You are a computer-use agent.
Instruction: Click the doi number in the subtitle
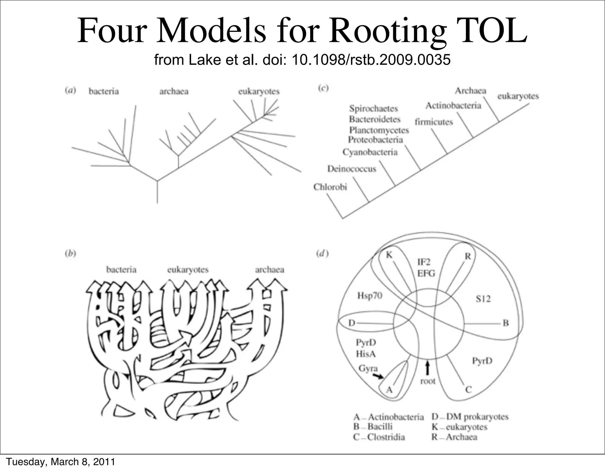pos(371,60)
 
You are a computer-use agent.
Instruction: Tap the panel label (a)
pos(70,90)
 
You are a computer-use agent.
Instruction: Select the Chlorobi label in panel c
pos(330,187)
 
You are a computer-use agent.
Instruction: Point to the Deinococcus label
pos(352,169)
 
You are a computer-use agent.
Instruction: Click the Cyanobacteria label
pos(370,152)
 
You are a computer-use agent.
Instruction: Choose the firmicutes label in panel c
pos(434,122)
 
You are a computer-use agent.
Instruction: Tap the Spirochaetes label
pos(373,109)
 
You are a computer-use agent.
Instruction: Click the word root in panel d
pos(428,381)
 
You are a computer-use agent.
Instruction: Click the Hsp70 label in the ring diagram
pos(370,295)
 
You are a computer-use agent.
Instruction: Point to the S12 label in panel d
pos(483,299)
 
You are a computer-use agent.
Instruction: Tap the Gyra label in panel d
pos(368,368)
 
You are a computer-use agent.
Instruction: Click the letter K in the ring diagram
pos(389,255)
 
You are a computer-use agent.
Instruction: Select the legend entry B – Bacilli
pos(373,427)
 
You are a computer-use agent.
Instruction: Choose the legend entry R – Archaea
pos(454,437)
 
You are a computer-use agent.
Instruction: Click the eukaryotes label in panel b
pos(188,270)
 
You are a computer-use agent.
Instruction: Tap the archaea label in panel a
pos(174,91)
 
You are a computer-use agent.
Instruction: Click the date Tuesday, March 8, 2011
pos(61,462)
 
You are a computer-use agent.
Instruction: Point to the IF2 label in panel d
pos(424,262)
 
